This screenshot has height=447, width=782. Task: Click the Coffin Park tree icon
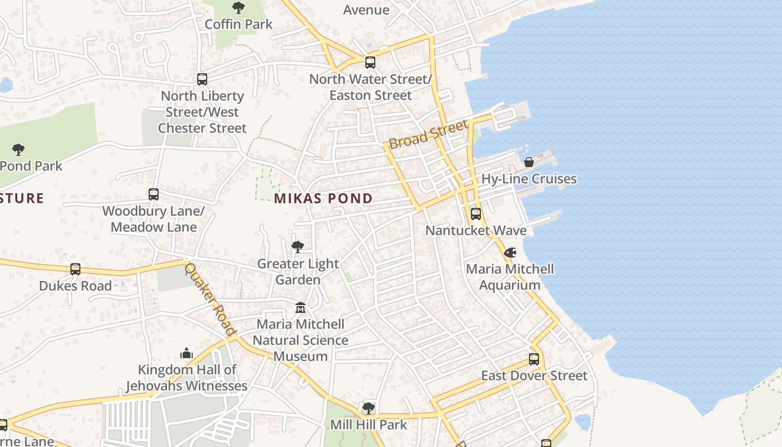click(239, 8)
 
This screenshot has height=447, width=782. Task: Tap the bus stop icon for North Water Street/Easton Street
click(370, 63)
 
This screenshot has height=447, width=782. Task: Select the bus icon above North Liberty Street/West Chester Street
click(202, 79)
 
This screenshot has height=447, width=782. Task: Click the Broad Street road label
click(428, 134)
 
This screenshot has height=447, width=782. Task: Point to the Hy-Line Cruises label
click(528, 179)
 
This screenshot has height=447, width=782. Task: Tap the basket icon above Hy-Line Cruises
click(528, 162)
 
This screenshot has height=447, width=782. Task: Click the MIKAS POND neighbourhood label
click(323, 198)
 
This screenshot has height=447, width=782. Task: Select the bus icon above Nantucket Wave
click(475, 214)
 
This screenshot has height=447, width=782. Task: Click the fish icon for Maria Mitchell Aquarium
click(510, 253)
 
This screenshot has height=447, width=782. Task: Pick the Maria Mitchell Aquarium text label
click(510, 277)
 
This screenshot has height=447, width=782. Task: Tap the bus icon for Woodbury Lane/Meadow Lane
click(154, 194)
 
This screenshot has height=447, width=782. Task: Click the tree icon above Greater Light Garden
click(298, 246)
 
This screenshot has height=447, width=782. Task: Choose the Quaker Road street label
click(210, 299)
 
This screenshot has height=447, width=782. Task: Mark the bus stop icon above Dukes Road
click(75, 269)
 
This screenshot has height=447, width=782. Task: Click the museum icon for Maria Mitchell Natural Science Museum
click(301, 307)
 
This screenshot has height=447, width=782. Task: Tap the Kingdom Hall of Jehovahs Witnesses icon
click(187, 353)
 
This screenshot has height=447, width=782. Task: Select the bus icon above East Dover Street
click(534, 359)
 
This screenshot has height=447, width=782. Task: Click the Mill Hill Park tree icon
click(368, 408)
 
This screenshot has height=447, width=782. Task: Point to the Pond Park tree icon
click(18, 149)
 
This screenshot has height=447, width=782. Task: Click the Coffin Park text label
click(239, 24)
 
